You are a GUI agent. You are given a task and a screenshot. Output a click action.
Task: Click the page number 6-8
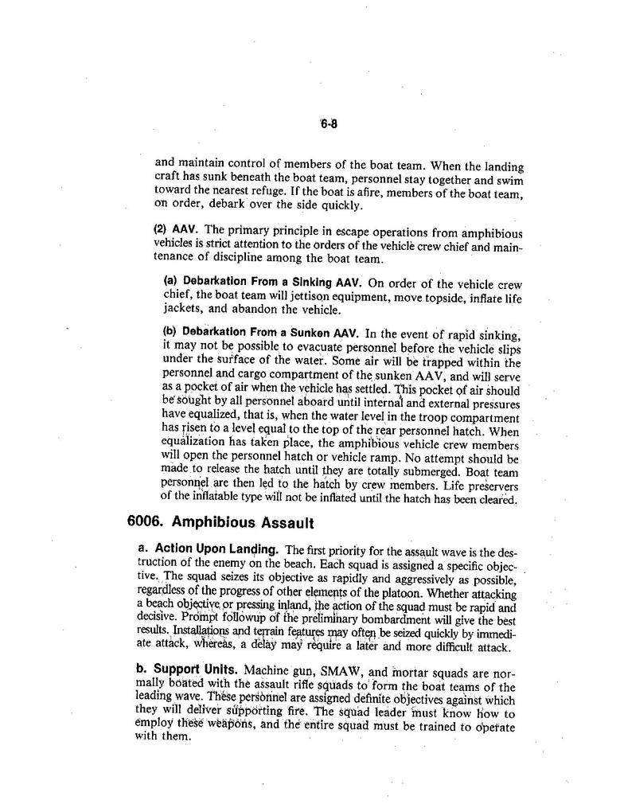(x=329, y=124)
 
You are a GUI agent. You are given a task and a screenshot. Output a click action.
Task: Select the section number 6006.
(x=145, y=523)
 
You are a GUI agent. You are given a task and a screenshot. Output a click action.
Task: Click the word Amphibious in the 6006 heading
(x=211, y=523)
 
